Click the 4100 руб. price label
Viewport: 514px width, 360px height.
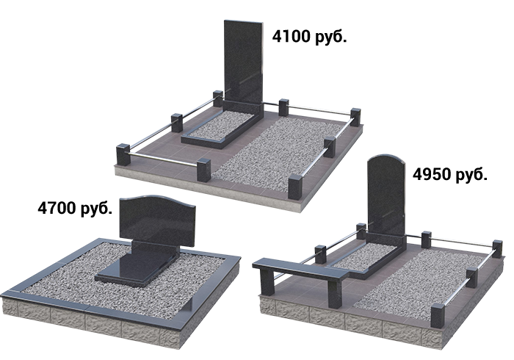pos(309,37)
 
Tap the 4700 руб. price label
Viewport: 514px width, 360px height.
pos(75,208)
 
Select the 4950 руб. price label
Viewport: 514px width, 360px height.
pos(449,174)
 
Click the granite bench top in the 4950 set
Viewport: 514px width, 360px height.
pos(302,267)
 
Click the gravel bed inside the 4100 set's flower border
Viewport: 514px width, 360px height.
pos(220,126)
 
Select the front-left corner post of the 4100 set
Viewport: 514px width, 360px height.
pos(123,156)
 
